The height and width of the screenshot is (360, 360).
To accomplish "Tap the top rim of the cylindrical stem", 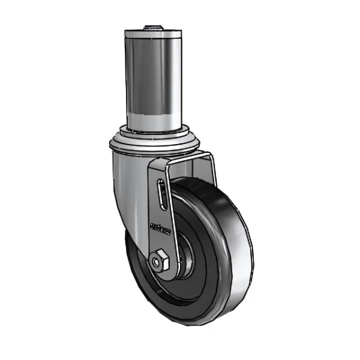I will tap(154, 33).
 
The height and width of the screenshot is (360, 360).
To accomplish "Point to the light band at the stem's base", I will tap(154, 117).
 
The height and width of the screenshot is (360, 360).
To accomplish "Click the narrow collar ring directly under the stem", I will tap(154, 130).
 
